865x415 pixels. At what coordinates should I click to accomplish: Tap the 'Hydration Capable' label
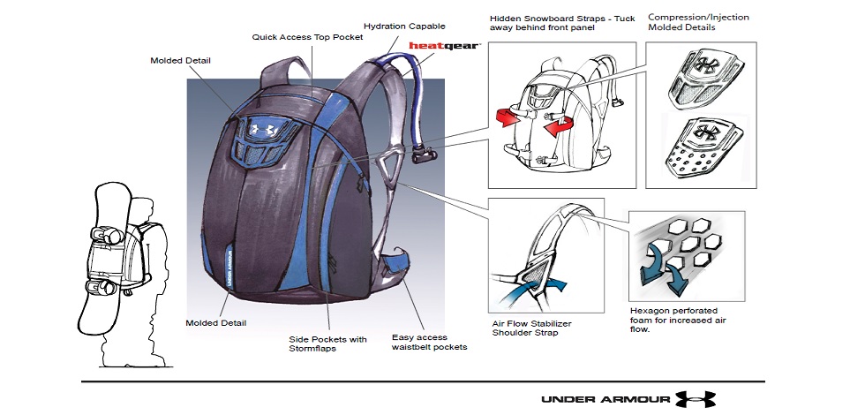click(404, 26)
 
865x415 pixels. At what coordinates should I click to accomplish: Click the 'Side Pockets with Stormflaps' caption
click(327, 343)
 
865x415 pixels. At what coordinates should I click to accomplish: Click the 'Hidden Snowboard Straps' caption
click(562, 22)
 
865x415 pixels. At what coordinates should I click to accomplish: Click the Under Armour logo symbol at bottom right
click(696, 399)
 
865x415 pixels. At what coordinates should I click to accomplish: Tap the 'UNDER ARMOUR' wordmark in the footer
click(605, 399)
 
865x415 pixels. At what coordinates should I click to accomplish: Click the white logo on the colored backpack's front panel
click(266, 129)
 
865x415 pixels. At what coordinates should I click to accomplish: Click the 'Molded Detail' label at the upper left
click(180, 60)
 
